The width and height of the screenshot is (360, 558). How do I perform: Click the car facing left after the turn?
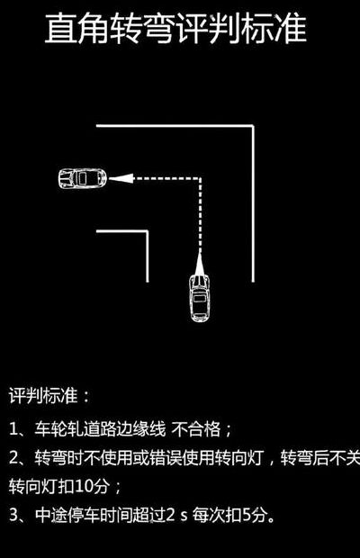click(x=83, y=177)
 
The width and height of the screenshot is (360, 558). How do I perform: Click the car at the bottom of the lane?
click(x=200, y=298)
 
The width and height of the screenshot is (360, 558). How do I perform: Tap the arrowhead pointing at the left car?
click(x=121, y=178)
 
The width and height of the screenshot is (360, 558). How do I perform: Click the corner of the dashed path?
click(x=200, y=178)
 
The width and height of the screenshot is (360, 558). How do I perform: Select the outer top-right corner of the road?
click(x=253, y=126)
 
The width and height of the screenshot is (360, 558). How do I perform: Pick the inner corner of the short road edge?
click(x=148, y=231)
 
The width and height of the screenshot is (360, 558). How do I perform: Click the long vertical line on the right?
click(x=253, y=203)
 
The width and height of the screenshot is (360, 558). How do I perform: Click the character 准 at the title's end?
click(x=291, y=29)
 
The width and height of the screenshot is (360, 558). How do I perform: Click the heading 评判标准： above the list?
click(x=49, y=395)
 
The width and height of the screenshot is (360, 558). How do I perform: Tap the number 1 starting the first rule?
click(x=13, y=429)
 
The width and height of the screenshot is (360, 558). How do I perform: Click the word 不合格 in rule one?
click(x=196, y=429)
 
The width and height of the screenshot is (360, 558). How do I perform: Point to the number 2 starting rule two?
click(x=13, y=457)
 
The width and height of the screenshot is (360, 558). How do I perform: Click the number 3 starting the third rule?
click(x=13, y=515)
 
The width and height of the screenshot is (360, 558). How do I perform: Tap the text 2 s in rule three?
click(x=176, y=515)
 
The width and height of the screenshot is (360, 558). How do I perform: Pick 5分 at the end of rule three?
click(x=255, y=515)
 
